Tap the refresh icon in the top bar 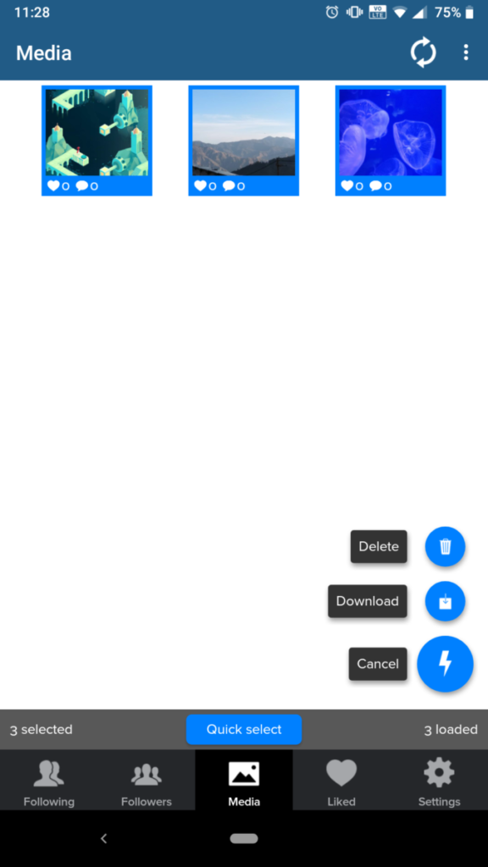pos(424,52)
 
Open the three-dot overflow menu pos(466,52)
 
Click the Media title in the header pos(44,53)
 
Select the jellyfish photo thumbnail pos(391,133)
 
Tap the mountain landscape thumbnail pos(243,133)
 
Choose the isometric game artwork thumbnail pos(97,133)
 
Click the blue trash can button pos(445,546)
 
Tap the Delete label pos(379,546)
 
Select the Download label pos(368,601)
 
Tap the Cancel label pos(378,664)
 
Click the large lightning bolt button pos(445,664)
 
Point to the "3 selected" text pos(41,730)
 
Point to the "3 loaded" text pos(451,730)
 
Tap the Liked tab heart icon pos(341,772)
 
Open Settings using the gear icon pos(439,772)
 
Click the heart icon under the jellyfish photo pos(347,185)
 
